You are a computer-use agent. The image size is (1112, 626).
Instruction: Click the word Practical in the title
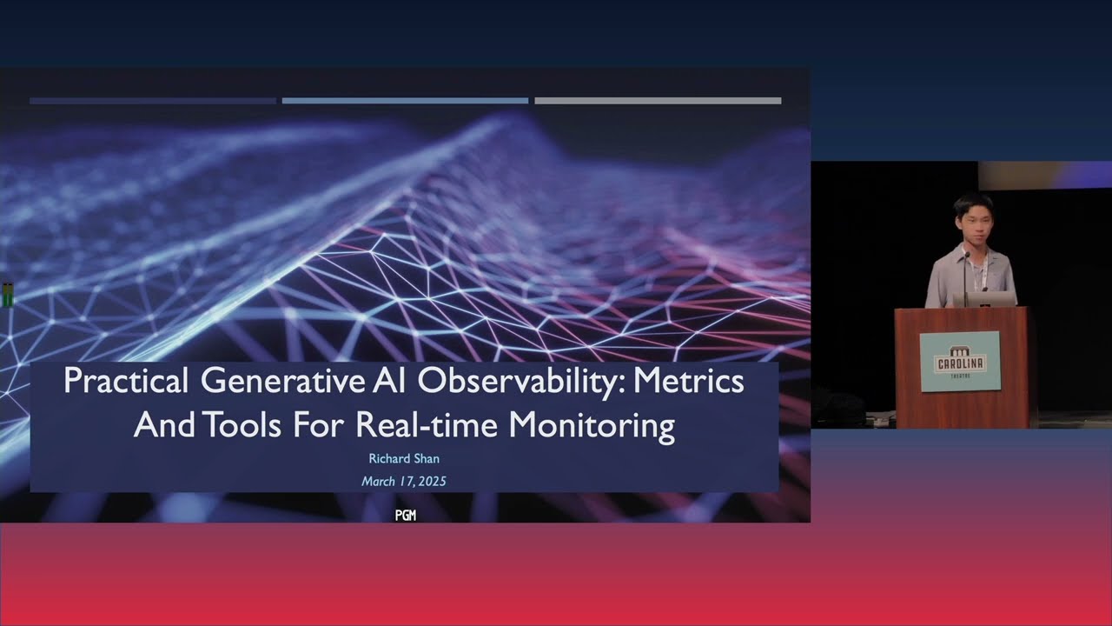tap(126, 383)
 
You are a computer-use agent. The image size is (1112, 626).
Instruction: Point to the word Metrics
tap(696, 383)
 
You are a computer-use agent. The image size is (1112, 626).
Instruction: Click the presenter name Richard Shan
tap(404, 458)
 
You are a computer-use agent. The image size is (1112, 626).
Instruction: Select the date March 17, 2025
tap(404, 481)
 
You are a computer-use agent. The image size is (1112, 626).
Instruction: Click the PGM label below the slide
tap(405, 516)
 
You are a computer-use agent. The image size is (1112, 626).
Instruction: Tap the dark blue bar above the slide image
tap(153, 101)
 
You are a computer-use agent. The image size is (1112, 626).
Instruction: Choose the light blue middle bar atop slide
tap(405, 101)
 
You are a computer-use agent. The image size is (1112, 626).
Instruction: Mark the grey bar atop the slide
tap(658, 101)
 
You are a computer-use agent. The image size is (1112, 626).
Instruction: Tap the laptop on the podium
tap(983, 299)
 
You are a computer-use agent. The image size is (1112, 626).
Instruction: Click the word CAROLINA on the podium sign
tap(960, 363)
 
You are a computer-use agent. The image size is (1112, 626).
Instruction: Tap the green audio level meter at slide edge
tap(8, 296)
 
